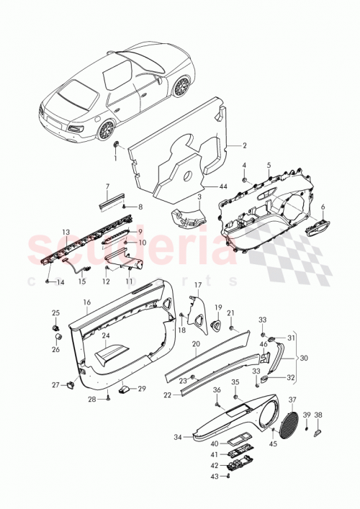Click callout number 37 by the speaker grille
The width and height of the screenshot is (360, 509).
pyautogui.click(x=292, y=400)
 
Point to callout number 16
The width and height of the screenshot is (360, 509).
pyautogui.click(x=86, y=303)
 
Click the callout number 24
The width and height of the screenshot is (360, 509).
pyautogui.click(x=105, y=335)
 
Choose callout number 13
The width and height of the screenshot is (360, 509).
pyautogui.click(x=65, y=232)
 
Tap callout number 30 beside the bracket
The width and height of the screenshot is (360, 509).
pyautogui.click(x=304, y=358)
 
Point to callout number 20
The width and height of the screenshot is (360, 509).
pyautogui.click(x=195, y=344)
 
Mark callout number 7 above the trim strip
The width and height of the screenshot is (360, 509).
pyautogui.click(x=107, y=186)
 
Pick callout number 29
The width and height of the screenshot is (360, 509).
pyautogui.click(x=142, y=389)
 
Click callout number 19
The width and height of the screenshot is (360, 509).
pyautogui.click(x=218, y=307)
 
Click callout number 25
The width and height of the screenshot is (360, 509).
pyautogui.click(x=55, y=312)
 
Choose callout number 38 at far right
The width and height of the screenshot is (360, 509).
pyautogui.click(x=318, y=415)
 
